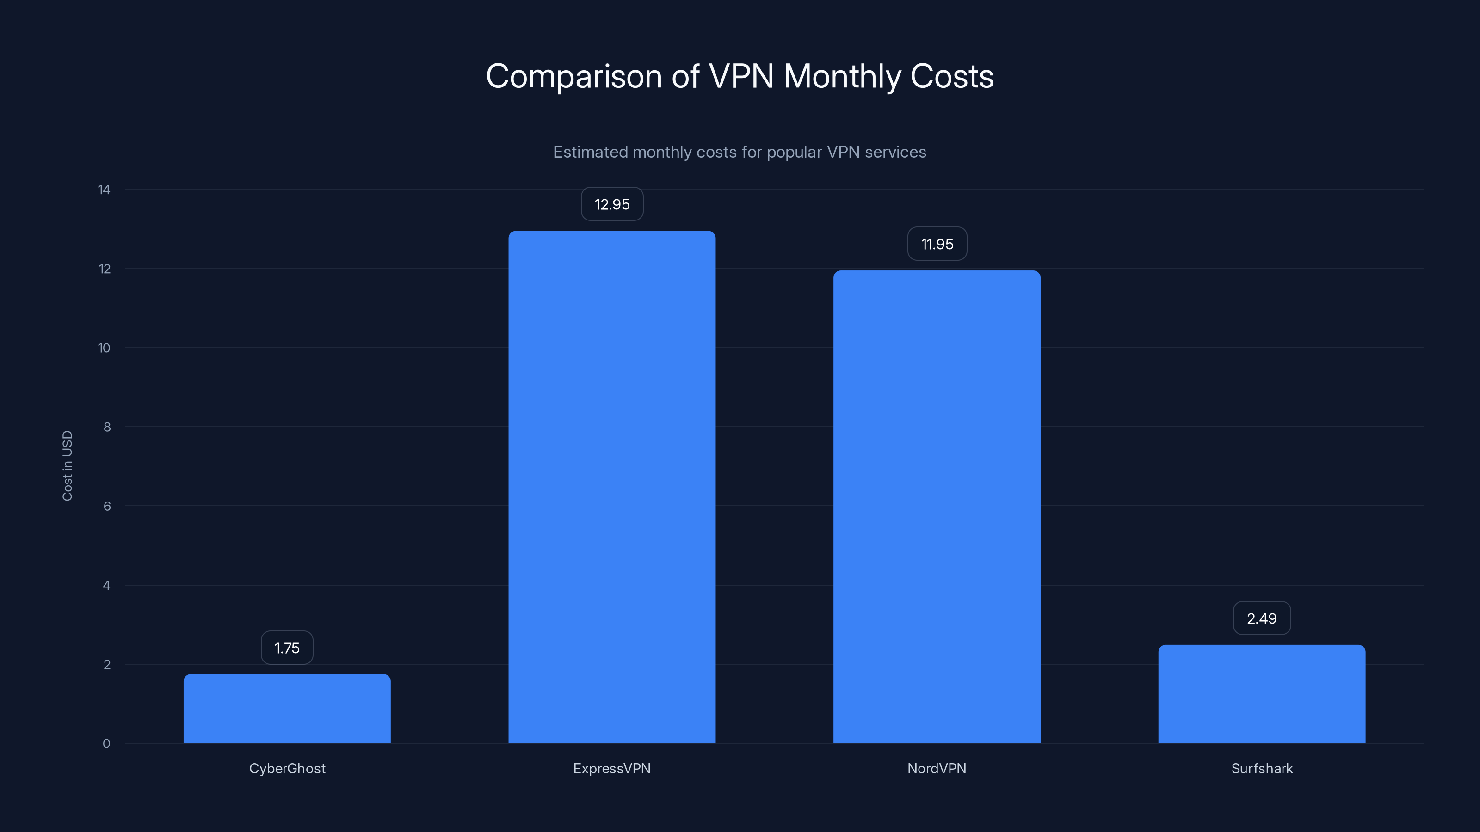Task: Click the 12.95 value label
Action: click(x=612, y=204)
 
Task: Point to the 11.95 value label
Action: click(x=937, y=244)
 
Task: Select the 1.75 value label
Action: click(x=287, y=648)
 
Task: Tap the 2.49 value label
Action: click(x=1262, y=618)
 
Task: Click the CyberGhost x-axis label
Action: click(x=287, y=768)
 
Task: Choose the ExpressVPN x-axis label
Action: click(x=612, y=768)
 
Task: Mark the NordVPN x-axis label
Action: click(x=937, y=768)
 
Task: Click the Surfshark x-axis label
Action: click(x=1262, y=768)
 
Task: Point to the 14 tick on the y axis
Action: click(x=104, y=190)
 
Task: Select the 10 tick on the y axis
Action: click(x=104, y=348)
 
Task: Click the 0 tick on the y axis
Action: click(x=106, y=744)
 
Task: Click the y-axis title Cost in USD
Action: click(x=67, y=465)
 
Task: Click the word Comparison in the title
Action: click(x=573, y=76)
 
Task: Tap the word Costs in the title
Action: click(x=951, y=76)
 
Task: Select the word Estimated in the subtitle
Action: click(x=590, y=152)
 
